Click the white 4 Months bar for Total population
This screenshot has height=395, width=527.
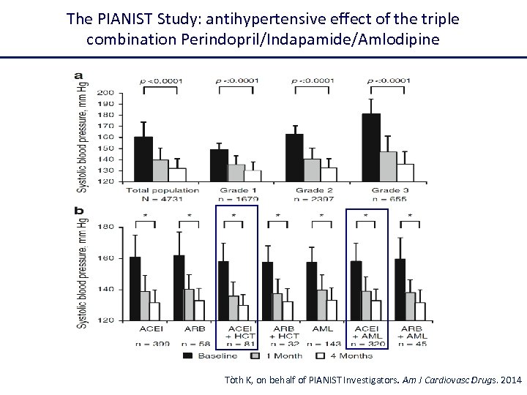click(178, 175)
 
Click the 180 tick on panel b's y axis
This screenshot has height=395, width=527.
click(104, 227)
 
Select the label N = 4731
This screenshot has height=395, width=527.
click(162, 198)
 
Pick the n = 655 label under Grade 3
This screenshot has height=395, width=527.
click(387, 198)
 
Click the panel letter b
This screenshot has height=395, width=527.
click(81, 211)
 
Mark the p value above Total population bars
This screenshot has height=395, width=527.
click(162, 80)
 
